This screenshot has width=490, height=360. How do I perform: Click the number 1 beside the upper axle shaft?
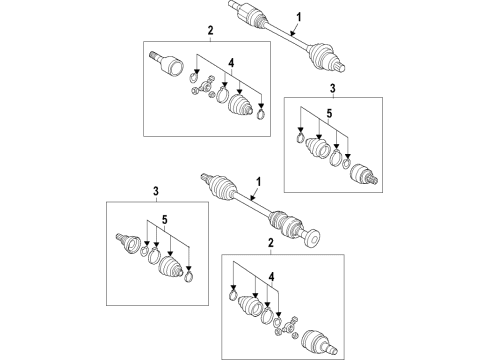(299, 17)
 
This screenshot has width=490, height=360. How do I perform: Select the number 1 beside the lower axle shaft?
(258, 182)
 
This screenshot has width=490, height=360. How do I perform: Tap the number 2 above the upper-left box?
(210, 31)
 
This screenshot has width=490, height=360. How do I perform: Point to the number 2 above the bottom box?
(271, 243)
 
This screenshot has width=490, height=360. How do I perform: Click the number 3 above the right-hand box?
(332, 88)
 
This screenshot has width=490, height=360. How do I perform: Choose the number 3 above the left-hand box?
(156, 191)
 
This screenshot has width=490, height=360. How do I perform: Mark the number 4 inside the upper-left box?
(231, 63)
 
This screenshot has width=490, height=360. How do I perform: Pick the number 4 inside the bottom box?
(272, 276)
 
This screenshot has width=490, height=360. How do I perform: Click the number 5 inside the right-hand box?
(329, 113)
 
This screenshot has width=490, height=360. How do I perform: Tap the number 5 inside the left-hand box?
(165, 220)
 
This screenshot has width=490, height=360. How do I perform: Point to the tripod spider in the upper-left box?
(203, 87)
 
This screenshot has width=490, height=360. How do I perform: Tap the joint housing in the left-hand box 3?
(128, 244)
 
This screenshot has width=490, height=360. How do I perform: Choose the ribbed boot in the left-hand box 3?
(171, 267)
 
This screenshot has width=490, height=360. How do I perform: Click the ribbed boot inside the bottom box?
(250, 306)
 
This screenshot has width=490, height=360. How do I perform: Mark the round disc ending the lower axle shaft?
(313, 237)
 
